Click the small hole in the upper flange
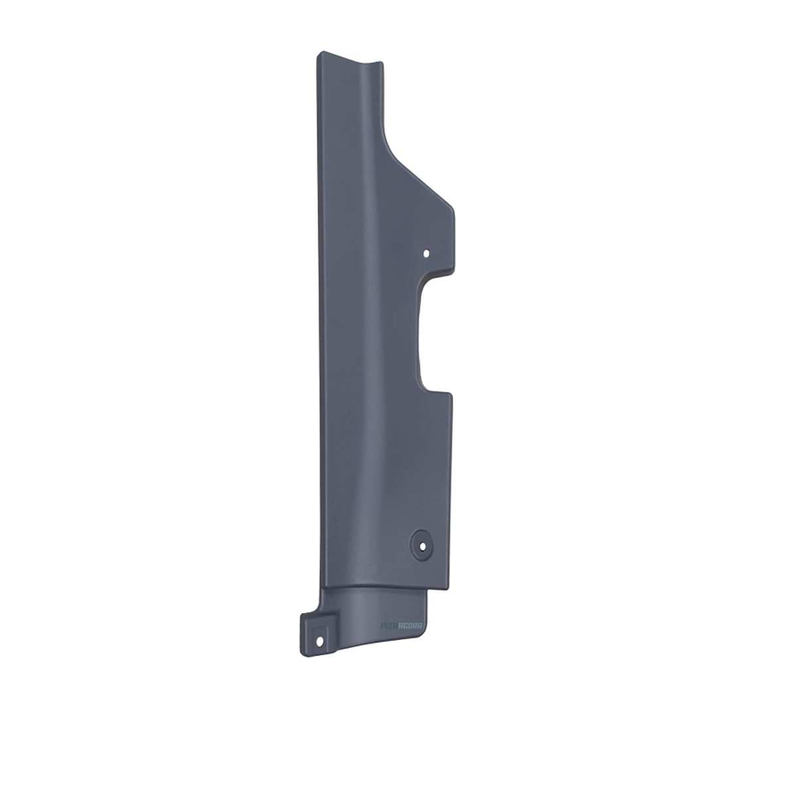click(x=427, y=253)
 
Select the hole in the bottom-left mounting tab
click(x=322, y=641)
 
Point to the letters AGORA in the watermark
click(x=412, y=624)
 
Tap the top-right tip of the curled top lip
click(x=383, y=62)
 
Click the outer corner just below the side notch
click(x=452, y=395)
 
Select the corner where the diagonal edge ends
click(x=451, y=203)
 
